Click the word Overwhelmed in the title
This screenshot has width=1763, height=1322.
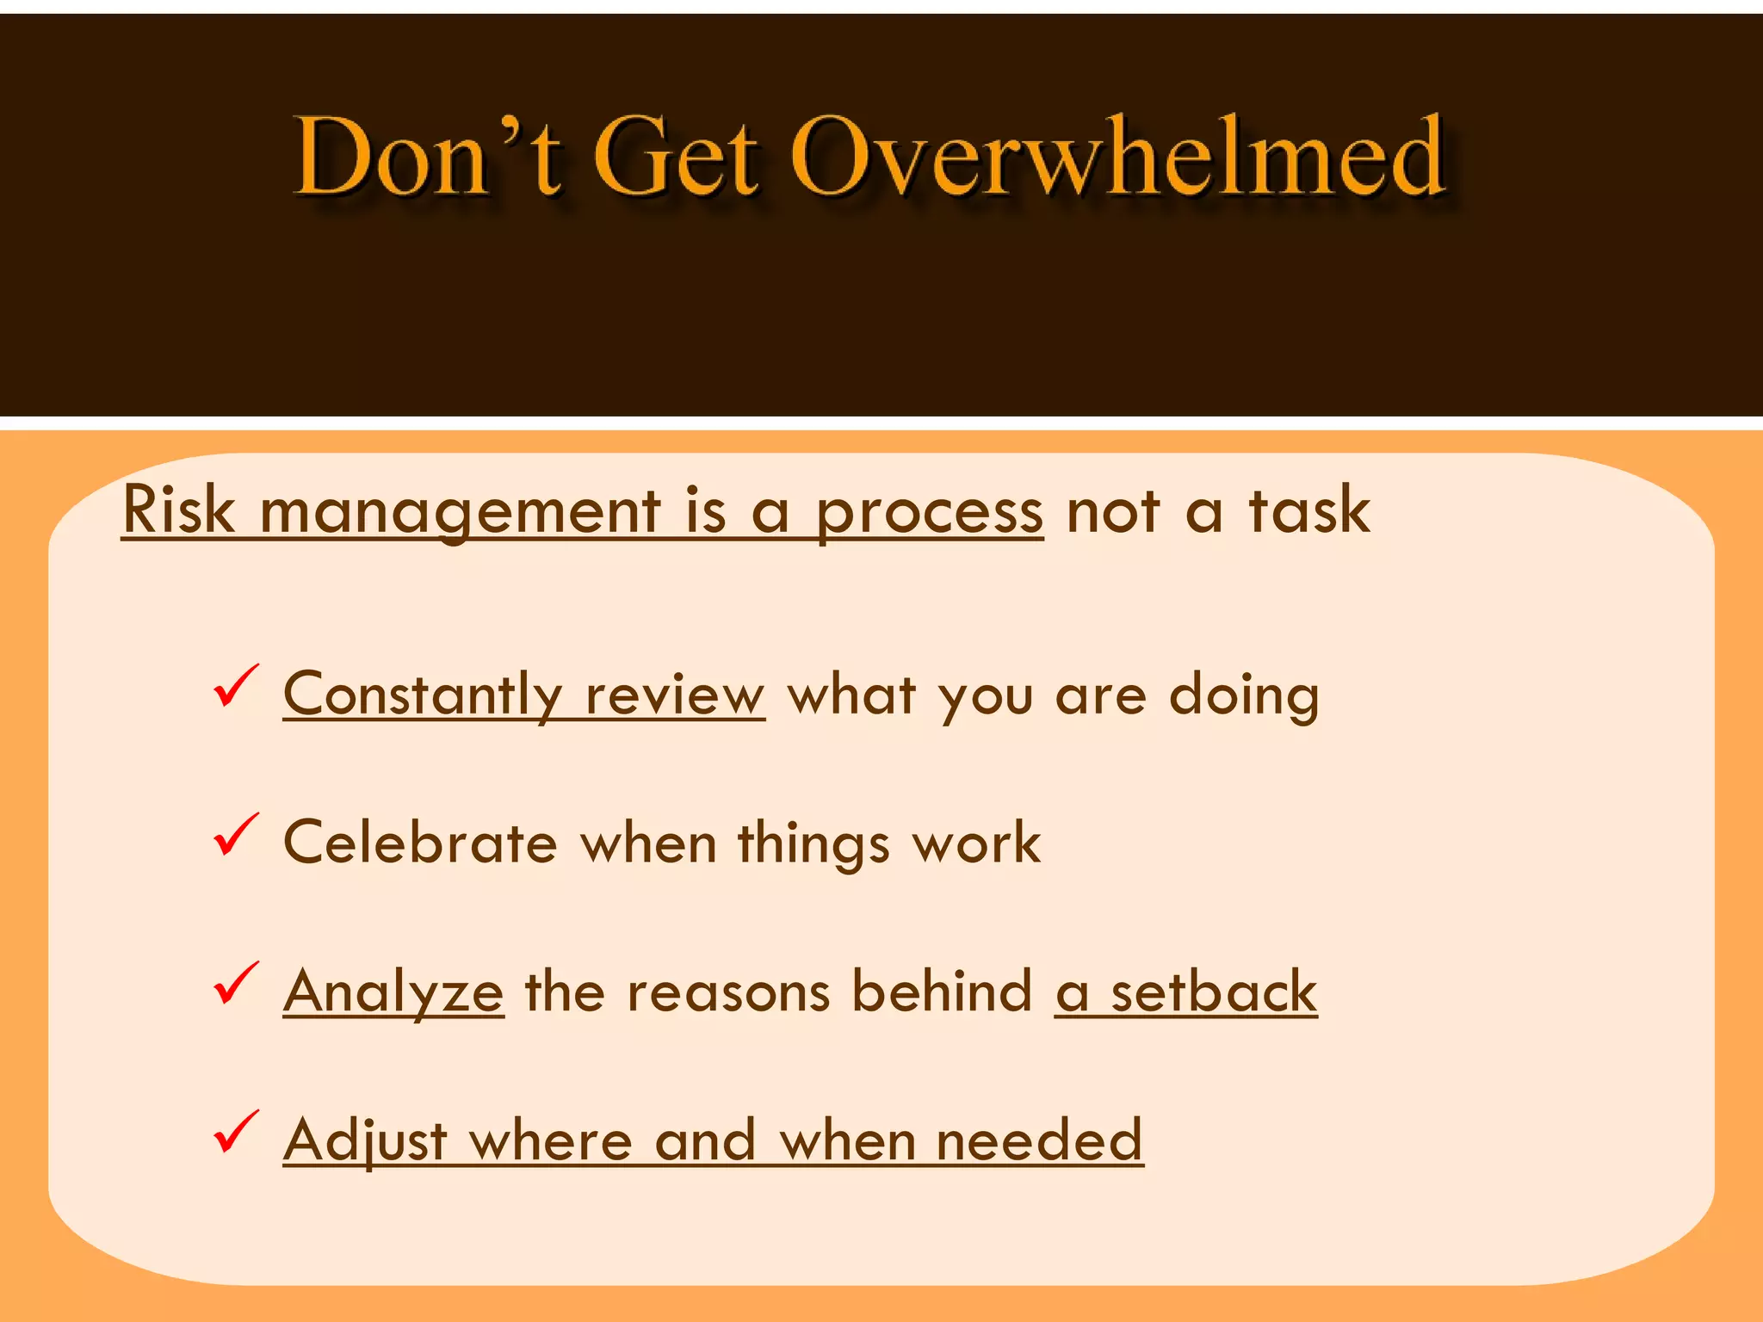1117,157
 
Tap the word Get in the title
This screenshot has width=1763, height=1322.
677,157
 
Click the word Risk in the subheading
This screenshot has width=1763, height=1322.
179,510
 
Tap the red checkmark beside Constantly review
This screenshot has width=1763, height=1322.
235,686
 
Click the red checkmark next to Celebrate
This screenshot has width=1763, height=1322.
235,834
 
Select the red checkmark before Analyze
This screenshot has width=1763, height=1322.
235,983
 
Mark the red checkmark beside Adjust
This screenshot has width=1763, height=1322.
235,1131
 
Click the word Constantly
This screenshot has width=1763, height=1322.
423,695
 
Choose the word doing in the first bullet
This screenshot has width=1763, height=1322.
1244,695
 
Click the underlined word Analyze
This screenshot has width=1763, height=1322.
393,992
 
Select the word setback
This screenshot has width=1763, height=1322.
1214,991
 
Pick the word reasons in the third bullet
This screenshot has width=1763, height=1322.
728,991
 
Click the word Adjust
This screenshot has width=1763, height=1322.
365,1140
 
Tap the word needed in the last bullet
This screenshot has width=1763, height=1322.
1039,1140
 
